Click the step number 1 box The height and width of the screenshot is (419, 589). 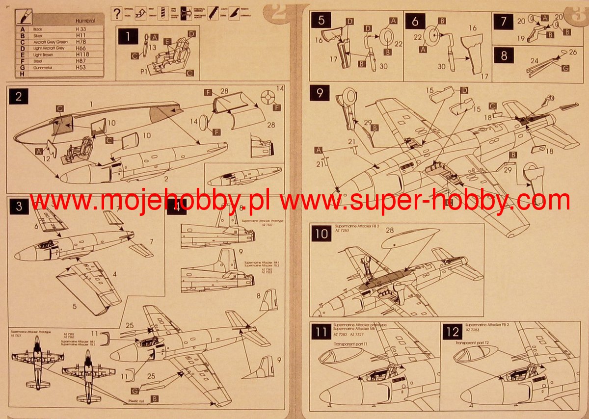(x=128, y=37)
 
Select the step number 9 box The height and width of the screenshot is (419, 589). (x=320, y=93)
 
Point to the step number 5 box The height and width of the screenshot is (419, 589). (x=321, y=21)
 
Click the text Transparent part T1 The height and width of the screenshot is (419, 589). (x=355, y=343)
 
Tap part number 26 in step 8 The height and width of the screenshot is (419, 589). (x=573, y=52)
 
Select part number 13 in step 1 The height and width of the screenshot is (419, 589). (x=153, y=48)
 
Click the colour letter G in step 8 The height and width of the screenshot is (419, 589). (x=566, y=68)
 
